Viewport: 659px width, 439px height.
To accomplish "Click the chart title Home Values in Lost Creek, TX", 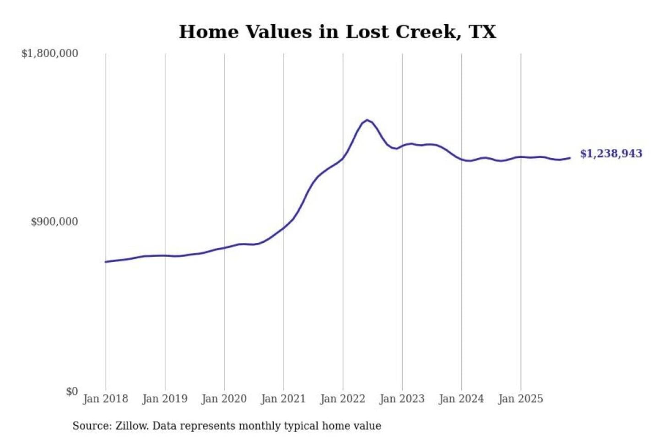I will pyautogui.click(x=337, y=32).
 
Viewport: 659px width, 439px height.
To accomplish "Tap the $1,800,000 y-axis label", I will pyautogui.click(x=49, y=54).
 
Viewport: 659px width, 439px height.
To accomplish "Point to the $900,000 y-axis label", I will pyautogui.click(x=54, y=222).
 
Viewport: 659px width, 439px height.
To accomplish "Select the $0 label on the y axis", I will pyautogui.click(x=72, y=391).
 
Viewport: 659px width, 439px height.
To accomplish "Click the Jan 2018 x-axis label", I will pyautogui.click(x=105, y=399).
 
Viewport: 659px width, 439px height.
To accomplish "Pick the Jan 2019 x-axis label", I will pyautogui.click(x=165, y=399).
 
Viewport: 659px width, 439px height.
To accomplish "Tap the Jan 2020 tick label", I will pyautogui.click(x=224, y=399).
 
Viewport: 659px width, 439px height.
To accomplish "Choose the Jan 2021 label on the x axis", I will pyautogui.click(x=283, y=399).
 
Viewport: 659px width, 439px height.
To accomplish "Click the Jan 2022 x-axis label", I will pyautogui.click(x=342, y=399).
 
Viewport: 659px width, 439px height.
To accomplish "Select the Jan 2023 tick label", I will pyautogui.click(x=402, y=399).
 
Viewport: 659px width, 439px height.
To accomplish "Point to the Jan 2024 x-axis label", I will pyautogui.click(x=461, y=399).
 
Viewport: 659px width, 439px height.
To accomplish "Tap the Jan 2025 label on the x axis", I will pyautogui.click(x=520, y=399).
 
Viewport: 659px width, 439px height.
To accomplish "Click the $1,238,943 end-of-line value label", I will pyautogui.click(x=611, y=154).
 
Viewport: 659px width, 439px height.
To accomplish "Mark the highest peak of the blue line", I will pyautogui.click(x=367, y=120).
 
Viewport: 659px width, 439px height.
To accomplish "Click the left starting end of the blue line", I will pyautogui.click(x=106, y=262).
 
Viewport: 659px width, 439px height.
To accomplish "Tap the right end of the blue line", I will pyautogui.click(x=570, y=158).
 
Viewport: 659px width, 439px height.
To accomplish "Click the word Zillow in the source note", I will pyautogui.click(x=131, y=426).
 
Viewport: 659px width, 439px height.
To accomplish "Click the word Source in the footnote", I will pyautogui.click(x=91, y=426).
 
